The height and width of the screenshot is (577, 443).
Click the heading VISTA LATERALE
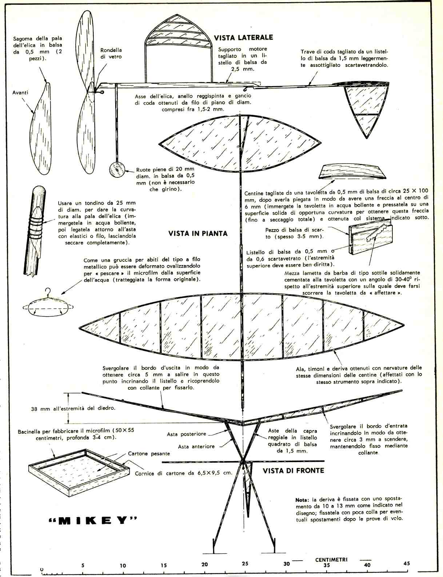coord(243,37)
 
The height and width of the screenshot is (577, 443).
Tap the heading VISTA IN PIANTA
coord(198,233)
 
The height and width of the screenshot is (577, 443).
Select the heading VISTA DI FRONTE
coord(293,470)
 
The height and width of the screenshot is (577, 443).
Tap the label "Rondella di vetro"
coord(111,53)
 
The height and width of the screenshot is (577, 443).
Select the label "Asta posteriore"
coord(187,434)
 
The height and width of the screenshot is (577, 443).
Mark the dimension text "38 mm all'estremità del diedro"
coord(73,408)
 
